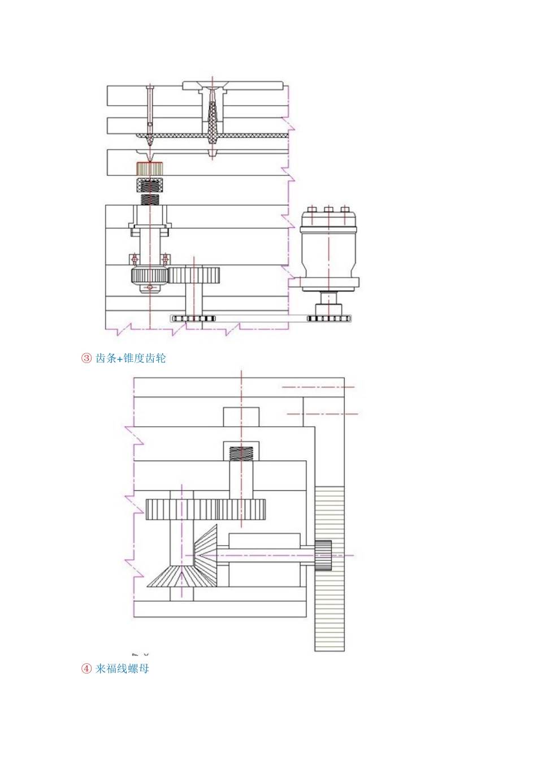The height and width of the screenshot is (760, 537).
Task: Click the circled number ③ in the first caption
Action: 86,358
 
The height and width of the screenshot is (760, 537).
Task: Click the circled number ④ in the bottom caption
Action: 86,668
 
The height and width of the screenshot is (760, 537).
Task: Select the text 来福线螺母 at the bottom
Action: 122,668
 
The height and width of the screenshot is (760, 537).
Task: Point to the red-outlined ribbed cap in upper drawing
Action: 150,168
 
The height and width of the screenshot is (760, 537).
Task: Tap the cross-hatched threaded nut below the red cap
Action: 150,185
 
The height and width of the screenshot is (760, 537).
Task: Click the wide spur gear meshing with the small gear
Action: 194,275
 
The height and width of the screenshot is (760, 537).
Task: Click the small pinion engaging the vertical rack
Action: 323,555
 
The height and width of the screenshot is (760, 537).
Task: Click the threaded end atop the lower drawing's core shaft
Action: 241,453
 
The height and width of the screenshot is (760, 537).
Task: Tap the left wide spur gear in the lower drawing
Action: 181,509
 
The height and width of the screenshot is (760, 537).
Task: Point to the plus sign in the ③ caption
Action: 119,359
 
